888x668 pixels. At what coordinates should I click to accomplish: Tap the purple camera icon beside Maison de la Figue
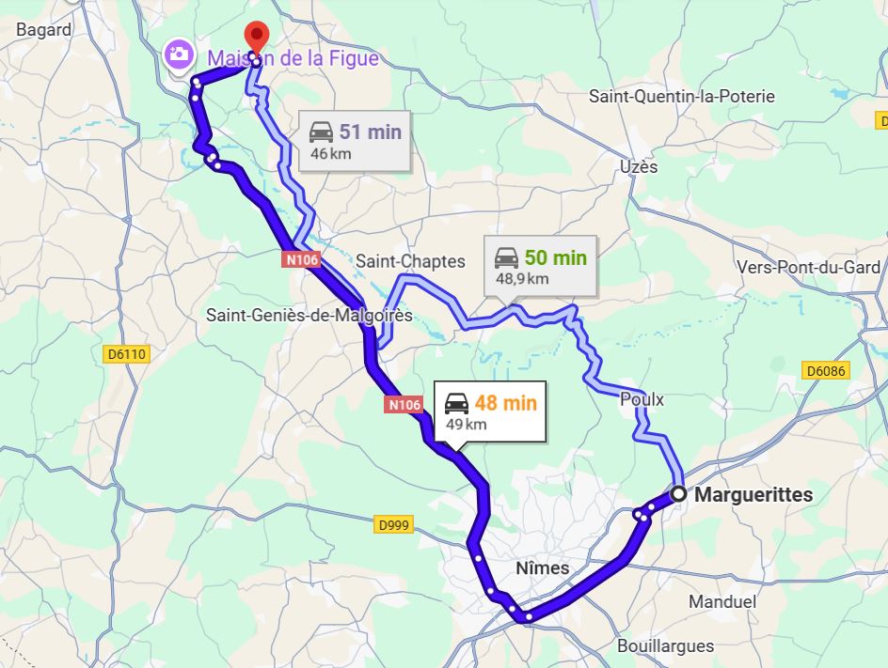pyautogui.click(x=177, y=54)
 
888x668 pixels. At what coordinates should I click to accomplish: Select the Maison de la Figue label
pyautogui.click(x=293, y=58)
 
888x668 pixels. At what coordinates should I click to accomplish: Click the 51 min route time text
pyautogui.click(x=370, y=132)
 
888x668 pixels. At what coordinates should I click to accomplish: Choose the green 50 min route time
pyautogui.click(x=555, y=258)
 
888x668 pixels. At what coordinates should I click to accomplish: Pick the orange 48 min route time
pyautogui.click(x=505, y=403)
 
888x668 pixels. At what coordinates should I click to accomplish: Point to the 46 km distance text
pyautogui.click(x=330, y=153)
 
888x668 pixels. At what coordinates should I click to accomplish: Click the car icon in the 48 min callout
pyautogui.click(x=456, y=404)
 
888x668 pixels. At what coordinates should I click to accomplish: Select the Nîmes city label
pyautogui.click(x=543, y=568)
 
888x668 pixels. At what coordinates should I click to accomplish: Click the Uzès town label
pyautogui.click(x=639, y=166)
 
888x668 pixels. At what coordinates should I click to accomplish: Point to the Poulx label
pyautogui.click(x=642, y=399)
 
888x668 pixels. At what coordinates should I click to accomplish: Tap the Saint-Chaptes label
pyautogui.click(x=410, y=260)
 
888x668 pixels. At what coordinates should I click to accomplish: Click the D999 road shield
pyautogui.click(x=393, y=525)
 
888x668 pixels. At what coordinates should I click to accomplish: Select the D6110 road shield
pyautogui.click(x=127, y=353)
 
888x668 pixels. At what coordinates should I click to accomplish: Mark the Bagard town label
pyautogui.click(x=44, y=30)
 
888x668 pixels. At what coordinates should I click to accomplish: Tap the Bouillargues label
pyautogui.click(x=665, y=645)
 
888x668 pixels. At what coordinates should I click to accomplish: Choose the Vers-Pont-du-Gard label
pyautogui.click(x=808, y=268)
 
